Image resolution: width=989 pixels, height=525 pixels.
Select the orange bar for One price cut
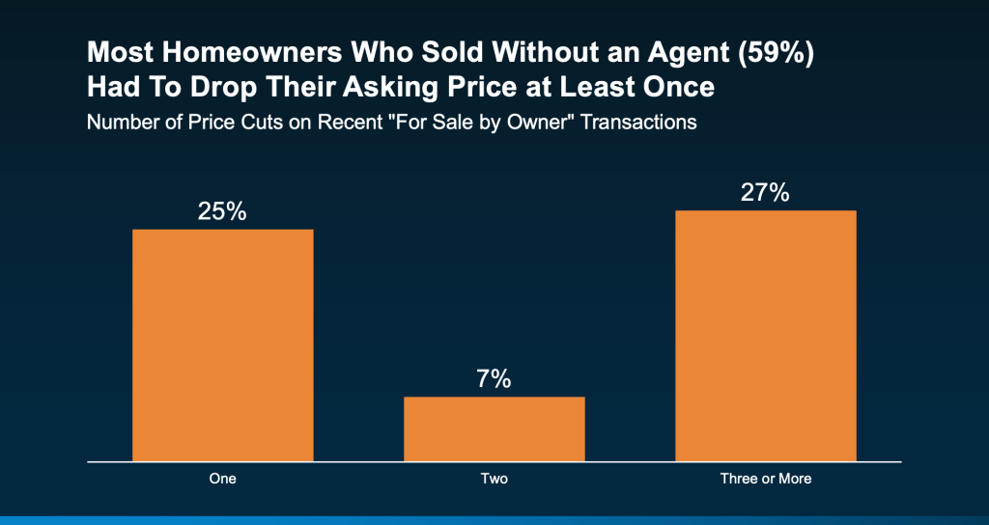tap(222, 345)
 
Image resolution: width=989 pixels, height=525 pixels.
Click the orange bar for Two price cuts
tap(494, 428)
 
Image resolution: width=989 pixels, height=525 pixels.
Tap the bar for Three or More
tap(765, 335)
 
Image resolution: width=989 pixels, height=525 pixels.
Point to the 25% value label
tap(222, 211)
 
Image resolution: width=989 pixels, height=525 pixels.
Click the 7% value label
tap(494, 379)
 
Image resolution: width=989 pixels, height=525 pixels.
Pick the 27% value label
tap(765, 192)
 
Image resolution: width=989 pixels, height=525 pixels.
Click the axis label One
tap(222, 479)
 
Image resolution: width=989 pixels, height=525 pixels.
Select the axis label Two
tap(494, 479)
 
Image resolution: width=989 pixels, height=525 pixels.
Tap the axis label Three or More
tap(765, 479)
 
